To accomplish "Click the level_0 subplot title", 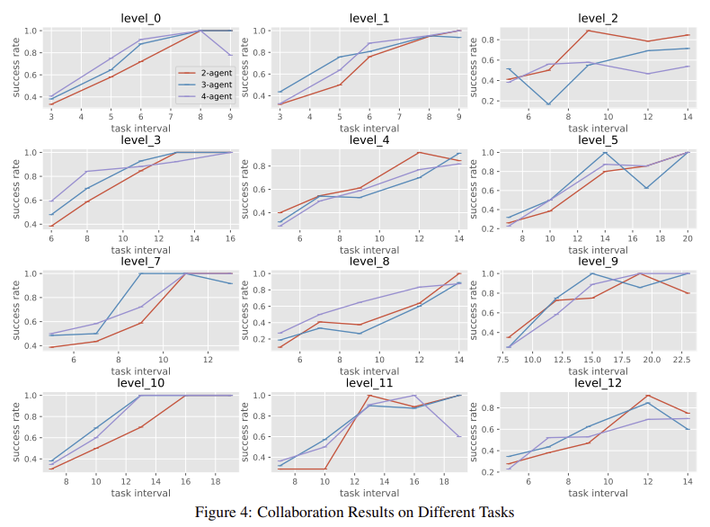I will [140, 18].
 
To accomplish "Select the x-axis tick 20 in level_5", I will [688, 237].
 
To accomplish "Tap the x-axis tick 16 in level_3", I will [231, 237].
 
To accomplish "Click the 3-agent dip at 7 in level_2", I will [548, 104].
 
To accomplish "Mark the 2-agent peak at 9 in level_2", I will [588, 31].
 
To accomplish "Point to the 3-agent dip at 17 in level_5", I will [647, 188].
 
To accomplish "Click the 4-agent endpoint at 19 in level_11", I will [460, 436].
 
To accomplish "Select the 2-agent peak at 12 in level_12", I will [648, 396].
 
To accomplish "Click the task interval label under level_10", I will [140, 493].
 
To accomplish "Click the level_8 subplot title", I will [368, 261].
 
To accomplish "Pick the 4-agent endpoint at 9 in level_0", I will [231, 55].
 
